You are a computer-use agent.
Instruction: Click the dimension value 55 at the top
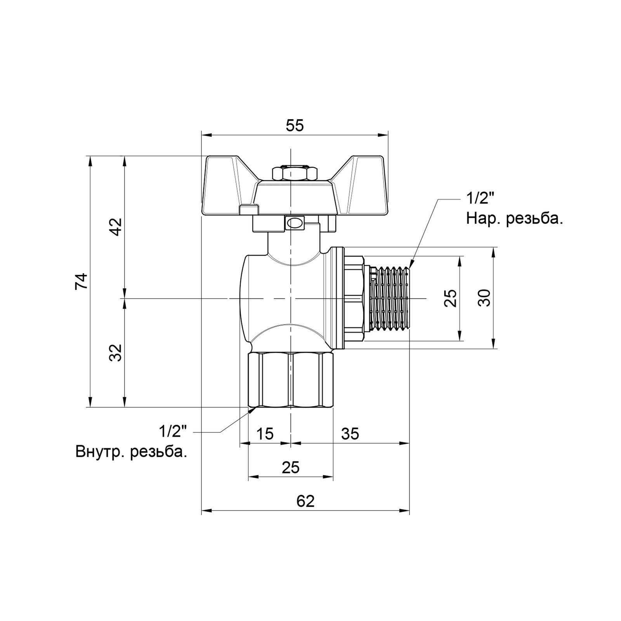point(295,126)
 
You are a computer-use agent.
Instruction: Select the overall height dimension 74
point(82,281)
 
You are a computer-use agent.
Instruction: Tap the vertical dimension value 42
point(115,227)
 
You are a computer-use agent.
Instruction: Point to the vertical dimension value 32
point(115,353)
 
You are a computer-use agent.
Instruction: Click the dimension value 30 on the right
point(484,298)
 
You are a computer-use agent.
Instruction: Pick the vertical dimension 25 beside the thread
point(450,298)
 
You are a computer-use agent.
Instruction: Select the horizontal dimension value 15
point(265,434)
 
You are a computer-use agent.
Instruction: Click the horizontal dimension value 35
point(350,434)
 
